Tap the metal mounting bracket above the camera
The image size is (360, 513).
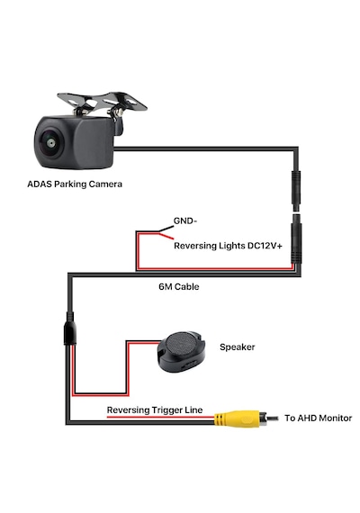pos(102,103)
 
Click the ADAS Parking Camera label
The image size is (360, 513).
pos(75,184)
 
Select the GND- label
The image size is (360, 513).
pos(185,221)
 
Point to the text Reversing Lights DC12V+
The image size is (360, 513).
pos(228,246)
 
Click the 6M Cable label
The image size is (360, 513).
pos(179,287)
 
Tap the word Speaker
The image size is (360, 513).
pos(237,347)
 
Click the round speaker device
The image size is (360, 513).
pos(181,352)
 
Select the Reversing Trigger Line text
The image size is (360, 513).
pos(155,410)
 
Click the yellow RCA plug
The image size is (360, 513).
pos(237,418)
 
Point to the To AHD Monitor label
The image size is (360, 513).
pos(318,418)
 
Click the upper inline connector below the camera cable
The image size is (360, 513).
pos(296,191)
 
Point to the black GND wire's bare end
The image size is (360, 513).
pos(173,227)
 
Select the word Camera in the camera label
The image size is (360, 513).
pos(105,184)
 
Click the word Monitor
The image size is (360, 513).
pos(335,418)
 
